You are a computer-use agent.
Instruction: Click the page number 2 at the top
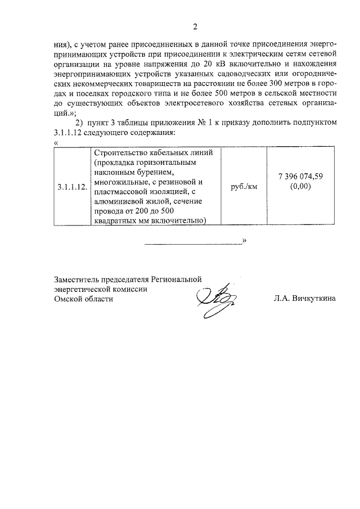click(x=195, y=26)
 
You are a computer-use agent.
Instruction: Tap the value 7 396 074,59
click(x=300, y=177)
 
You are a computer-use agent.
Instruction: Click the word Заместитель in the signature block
click(x=76, y=278)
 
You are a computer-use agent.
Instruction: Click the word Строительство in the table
click(x=120, y=152)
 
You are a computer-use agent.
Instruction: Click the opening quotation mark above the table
click(x=55, y=142)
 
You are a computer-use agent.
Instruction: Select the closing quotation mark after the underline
click(x=245, y=241)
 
